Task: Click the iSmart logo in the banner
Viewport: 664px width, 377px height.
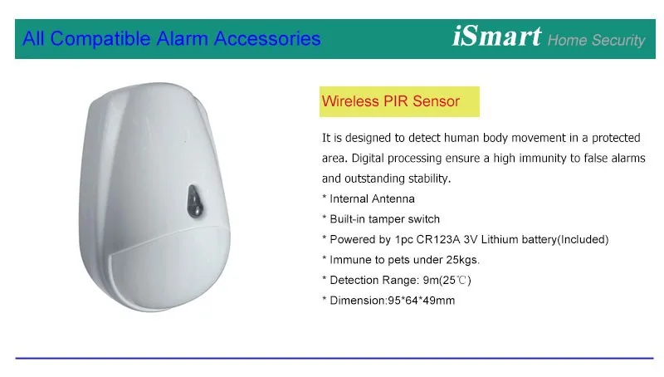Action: click(496, 37)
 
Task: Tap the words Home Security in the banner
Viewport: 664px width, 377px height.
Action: click(596, 40)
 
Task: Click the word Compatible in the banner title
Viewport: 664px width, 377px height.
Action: click(100, 39)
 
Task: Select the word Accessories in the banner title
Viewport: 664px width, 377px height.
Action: click(267, 38)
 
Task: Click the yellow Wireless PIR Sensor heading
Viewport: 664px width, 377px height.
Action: click(399, 101)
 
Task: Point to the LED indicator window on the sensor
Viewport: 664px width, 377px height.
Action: click(194, 201)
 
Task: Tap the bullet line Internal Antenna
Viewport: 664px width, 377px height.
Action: click(368, 198)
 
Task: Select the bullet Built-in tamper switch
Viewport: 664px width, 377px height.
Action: click(381, 219)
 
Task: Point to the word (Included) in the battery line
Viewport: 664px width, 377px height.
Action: click(583, 240)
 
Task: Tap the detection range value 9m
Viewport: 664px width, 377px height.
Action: click(431, 280)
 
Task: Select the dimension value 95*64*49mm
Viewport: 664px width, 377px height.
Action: click(422, 301)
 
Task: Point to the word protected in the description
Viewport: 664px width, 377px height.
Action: click(616, 138)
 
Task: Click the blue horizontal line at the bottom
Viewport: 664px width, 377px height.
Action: click(334, 359)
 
